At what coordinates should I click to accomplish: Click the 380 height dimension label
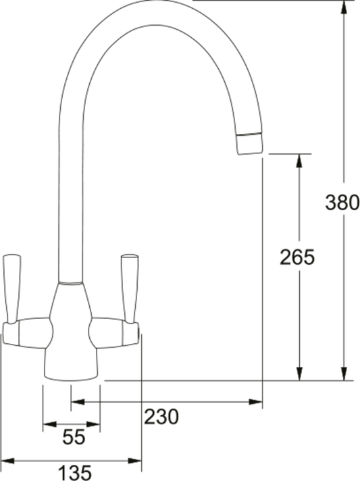tap(342, 202)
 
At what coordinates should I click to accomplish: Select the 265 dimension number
tap(298, 257)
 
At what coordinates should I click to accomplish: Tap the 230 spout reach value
tap(161, 417)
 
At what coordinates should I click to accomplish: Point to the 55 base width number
tap(74, 438)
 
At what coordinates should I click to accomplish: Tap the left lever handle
tap(12, 288)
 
